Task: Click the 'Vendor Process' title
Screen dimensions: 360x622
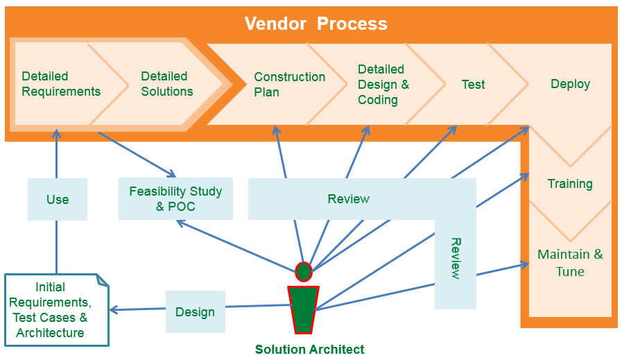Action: click(316, 24)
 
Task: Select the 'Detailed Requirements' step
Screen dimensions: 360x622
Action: click(61, 84)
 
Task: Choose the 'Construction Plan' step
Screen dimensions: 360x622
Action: click(289, 85)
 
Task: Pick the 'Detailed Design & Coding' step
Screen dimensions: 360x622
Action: click(383, 85)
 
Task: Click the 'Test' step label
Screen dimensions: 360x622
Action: click(473, 85)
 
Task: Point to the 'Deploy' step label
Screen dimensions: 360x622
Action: click(570, 84)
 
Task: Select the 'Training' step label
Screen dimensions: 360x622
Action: click(570, 184)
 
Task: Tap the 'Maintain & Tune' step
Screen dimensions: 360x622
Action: click(570, 263)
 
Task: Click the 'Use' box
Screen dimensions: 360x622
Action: click(58, 200)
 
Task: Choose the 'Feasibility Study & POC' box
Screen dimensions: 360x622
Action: click(175, 199)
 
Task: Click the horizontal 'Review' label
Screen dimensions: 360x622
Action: click(348, 199)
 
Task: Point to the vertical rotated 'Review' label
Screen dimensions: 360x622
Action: click(456, 258)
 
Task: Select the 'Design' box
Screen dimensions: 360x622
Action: click(195, 311)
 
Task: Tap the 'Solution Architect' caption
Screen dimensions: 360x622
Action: click(309, 350)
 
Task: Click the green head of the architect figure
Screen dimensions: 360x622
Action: click(304, 272)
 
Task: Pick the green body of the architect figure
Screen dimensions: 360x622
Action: click(303, 309)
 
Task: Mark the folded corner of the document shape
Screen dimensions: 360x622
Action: click(103, 280)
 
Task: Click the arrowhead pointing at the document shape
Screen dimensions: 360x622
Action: click(114, 310)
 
